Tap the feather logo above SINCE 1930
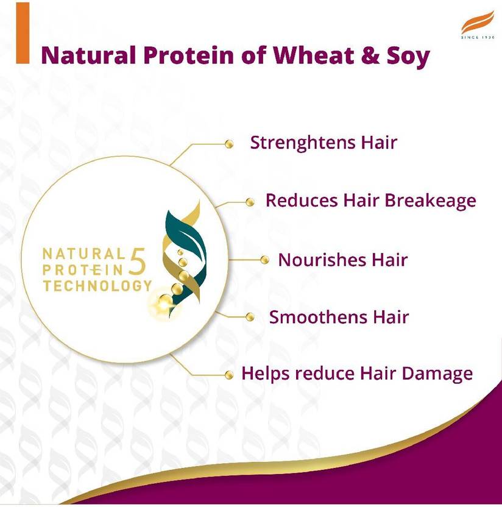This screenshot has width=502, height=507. (477, 25)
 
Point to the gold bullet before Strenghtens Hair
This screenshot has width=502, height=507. (229, 144)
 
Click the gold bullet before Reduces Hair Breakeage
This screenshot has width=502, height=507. (250, 202)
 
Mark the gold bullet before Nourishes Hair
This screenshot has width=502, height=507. (264, 260)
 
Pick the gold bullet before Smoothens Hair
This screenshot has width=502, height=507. (249, 317)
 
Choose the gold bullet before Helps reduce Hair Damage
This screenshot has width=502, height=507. (229, 374)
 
